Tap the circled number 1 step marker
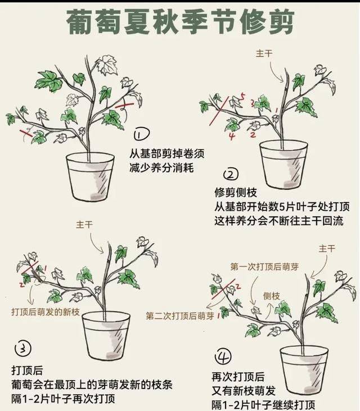pos(141,134)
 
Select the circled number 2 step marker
pos(231,174)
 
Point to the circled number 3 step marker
pos(22,349)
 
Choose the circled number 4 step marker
pos(223,356)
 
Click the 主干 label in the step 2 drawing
pos(264,53)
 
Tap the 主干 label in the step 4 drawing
pos(327,248)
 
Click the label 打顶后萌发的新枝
pos(43,310)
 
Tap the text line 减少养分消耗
pos(161,168)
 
